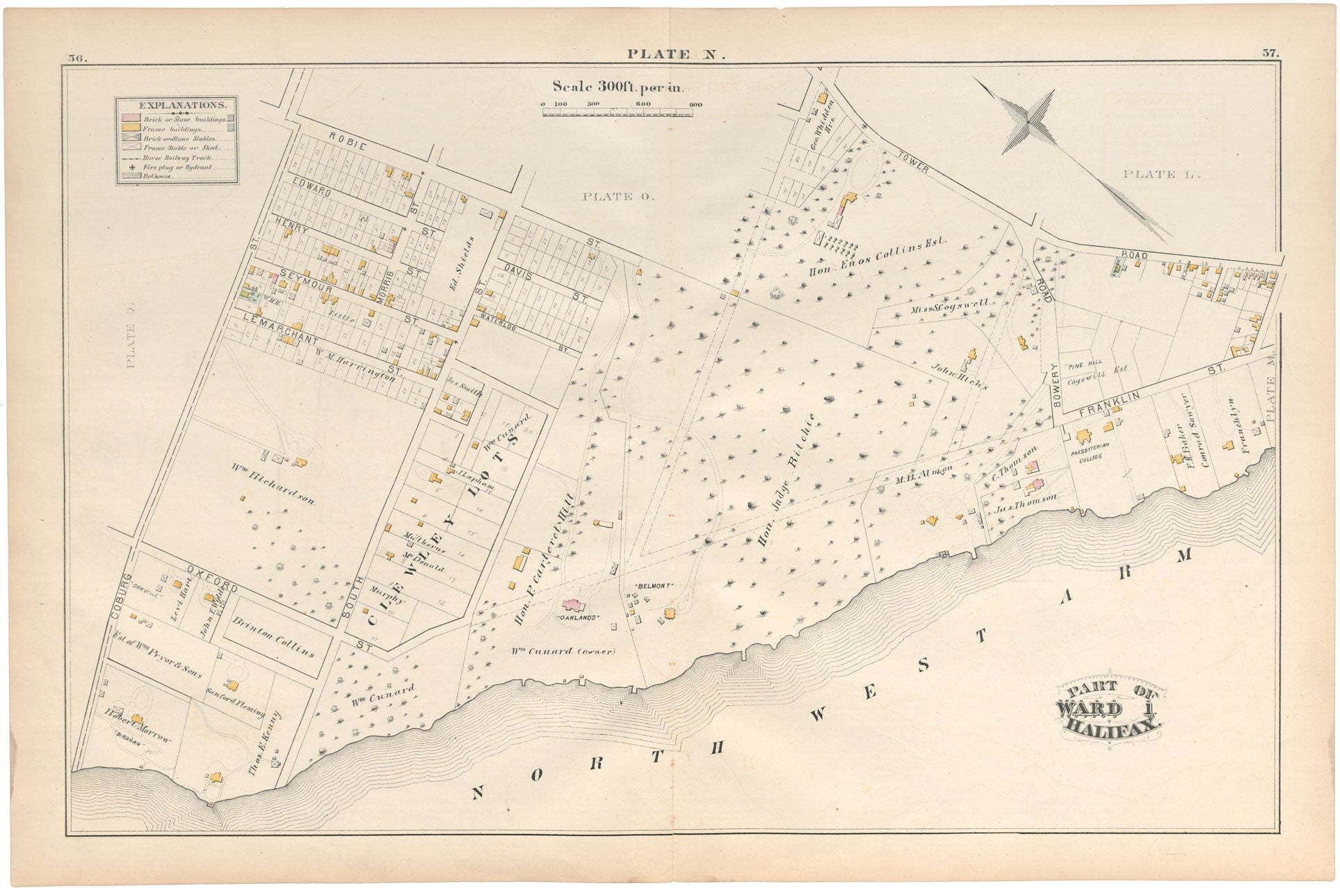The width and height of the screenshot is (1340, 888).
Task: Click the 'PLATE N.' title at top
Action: (675, 54)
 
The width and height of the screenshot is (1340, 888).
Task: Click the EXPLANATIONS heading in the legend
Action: (182, 106)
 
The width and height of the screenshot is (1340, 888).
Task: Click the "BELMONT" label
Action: (654, 586)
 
